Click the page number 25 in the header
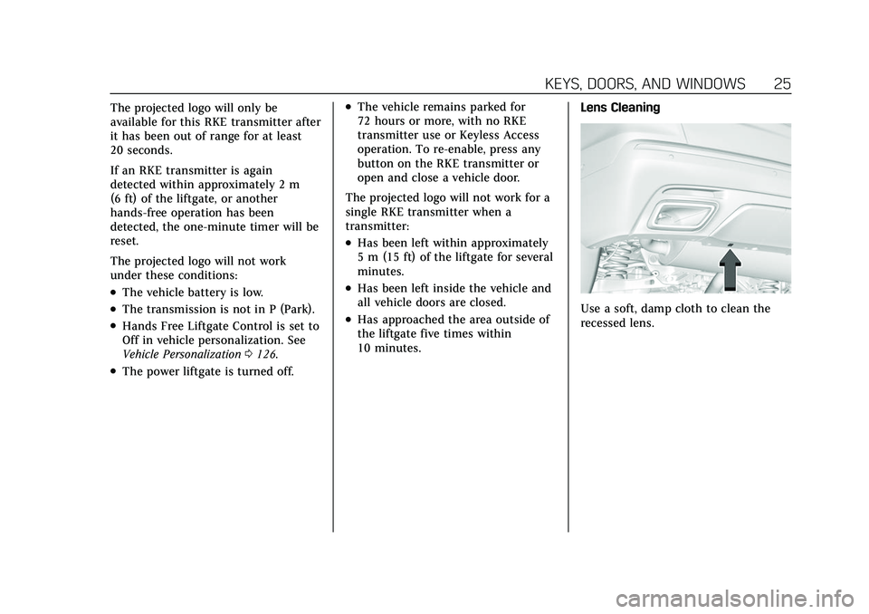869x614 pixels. [782, 83]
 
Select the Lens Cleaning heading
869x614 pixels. [619, 108]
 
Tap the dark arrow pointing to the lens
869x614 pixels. [730, 268]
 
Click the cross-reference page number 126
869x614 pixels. [263, 354]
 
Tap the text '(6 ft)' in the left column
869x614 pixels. [125, 198]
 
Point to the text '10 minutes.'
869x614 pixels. [389, 349]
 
